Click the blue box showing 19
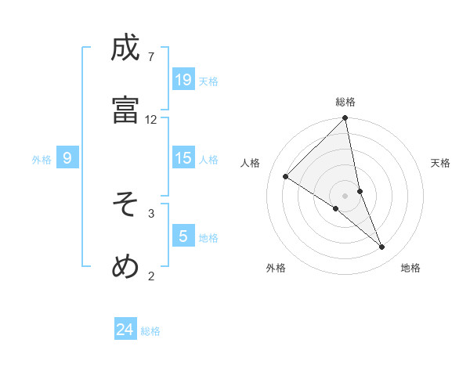[183, 79]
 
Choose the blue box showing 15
[183, 158]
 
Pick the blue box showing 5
[183, 236]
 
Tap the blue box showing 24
[125, 330]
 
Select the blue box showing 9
[67, 158]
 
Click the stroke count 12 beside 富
[151, 119]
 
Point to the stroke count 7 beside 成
[151, 57]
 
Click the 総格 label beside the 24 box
[150, 331]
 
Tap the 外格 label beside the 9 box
[42, 160]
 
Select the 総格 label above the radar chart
[345, 102]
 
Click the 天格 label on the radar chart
[440, 163]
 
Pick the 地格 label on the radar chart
[410, 268]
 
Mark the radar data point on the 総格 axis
[345, 119]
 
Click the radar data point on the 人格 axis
[286, 177]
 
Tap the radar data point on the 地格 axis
[382, 247]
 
